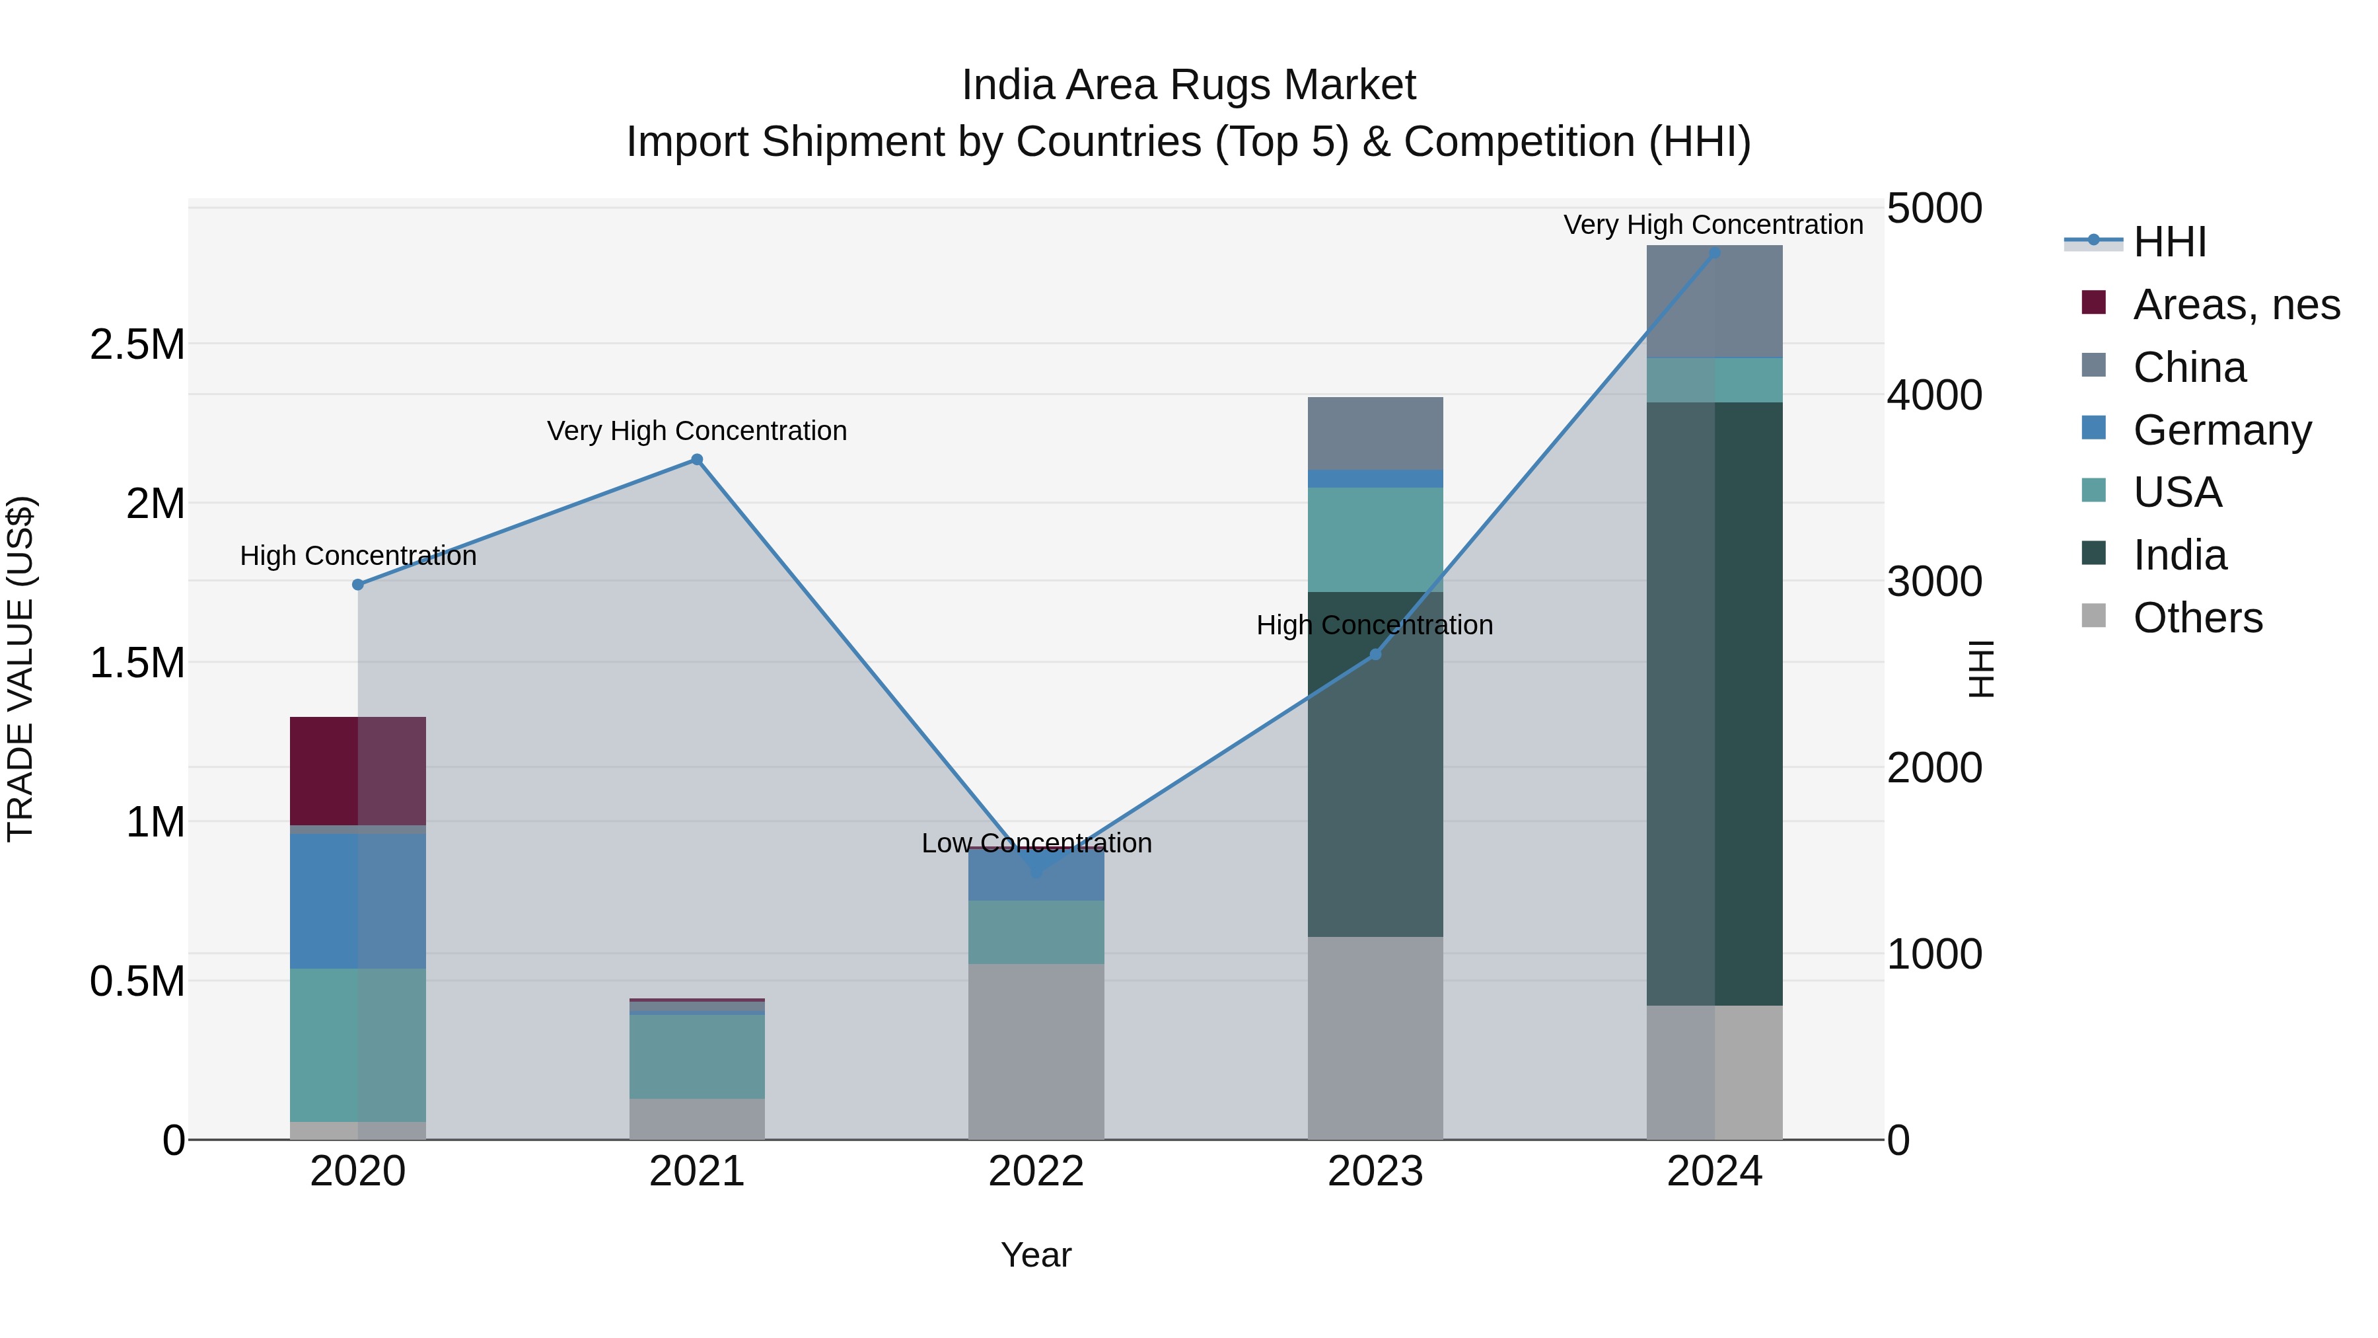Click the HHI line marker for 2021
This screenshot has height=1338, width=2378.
click(x=697, y=460)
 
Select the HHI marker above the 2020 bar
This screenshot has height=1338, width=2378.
click(x=358, y=585)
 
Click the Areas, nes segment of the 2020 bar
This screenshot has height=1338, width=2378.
click(x=358, y=771)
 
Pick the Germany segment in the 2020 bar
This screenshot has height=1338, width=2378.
click(x=358, y=901)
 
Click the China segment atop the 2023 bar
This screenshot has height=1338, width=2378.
click(x=1375, y=433)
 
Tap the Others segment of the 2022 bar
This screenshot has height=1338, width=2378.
click(x=1036, y=1052)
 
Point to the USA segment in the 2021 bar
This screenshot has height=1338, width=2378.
click(x=697, y=1057)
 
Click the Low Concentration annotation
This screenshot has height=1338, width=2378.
click(x=1036, y=843)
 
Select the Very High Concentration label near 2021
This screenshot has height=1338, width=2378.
click(x=697, y=431)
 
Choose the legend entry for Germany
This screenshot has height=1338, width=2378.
click(x=2221, y=430)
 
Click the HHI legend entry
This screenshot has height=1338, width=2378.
click(x=2169, y=242)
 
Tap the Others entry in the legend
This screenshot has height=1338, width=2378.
click(x=2197, y=618)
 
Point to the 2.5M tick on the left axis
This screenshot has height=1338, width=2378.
click(x=137, y=344)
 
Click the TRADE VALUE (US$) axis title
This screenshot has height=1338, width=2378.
click(x=20, y=669)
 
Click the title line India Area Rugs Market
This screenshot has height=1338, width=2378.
click(x=1188, y=85)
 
